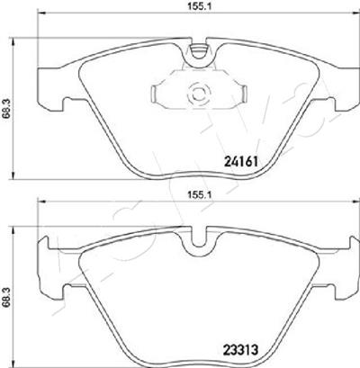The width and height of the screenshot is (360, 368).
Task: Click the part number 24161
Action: [x=241, y=162]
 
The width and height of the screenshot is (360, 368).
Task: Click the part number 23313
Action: [x=240, y=349]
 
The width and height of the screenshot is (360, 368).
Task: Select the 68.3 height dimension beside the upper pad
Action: [x=6, y=109]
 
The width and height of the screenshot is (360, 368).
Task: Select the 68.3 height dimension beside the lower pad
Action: [x=6, y=296]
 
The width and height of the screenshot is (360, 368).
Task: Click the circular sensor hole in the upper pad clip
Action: [x=198, y=94]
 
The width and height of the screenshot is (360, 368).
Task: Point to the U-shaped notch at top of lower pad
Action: [x=199, y=238]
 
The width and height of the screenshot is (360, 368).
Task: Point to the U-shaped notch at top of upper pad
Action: [x=199, y=51]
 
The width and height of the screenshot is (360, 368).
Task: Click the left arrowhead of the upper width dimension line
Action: [x=40, y=13]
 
